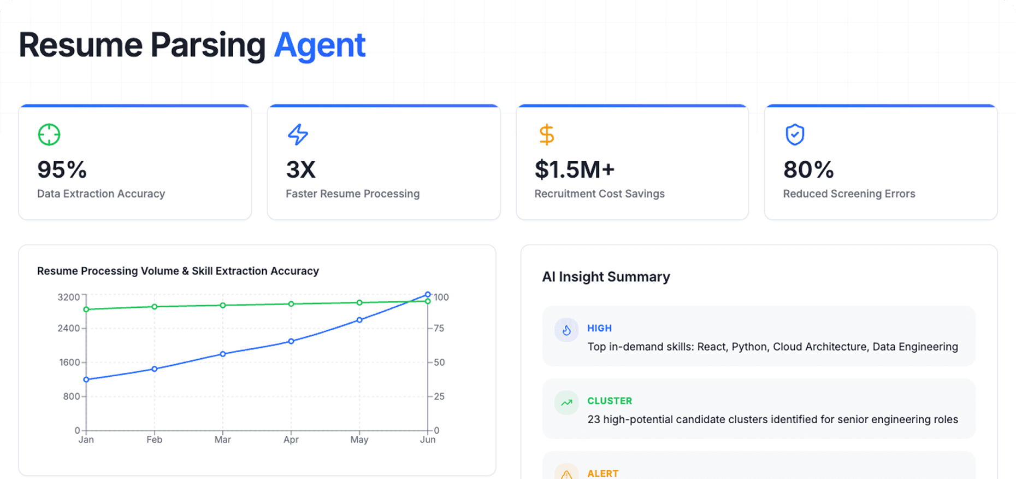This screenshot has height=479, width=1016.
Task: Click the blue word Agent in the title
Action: [320, 45]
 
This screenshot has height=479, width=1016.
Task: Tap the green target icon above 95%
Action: [49, 135]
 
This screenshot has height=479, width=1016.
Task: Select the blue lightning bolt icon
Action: [298, 135]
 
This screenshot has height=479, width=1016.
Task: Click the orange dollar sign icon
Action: [546, 135]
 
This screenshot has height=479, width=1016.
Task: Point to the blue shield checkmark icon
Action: [795, 135]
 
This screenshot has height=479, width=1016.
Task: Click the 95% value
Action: [62, 170]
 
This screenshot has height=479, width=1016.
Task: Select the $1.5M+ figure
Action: [575, 170]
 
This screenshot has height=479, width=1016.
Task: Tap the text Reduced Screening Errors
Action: [849, 194]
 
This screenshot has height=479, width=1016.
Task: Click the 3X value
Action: [301, 170]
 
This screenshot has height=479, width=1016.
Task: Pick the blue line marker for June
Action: [428, 295]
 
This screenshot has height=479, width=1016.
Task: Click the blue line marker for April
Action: [291, 341]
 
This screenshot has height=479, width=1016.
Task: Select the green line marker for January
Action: [86, 309]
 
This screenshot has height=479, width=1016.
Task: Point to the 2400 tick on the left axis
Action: [69, 328]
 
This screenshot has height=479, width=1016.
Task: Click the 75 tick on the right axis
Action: [439, 328]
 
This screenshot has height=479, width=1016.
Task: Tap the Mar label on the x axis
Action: [222, 440]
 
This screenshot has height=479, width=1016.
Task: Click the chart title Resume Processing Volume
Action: [178, 271]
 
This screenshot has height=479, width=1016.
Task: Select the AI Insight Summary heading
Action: [606, 277]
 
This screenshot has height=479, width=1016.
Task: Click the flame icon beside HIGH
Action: [566, 330]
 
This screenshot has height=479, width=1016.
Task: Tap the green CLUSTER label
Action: [610, 401]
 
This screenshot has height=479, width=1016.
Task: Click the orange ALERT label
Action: [602, 473]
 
